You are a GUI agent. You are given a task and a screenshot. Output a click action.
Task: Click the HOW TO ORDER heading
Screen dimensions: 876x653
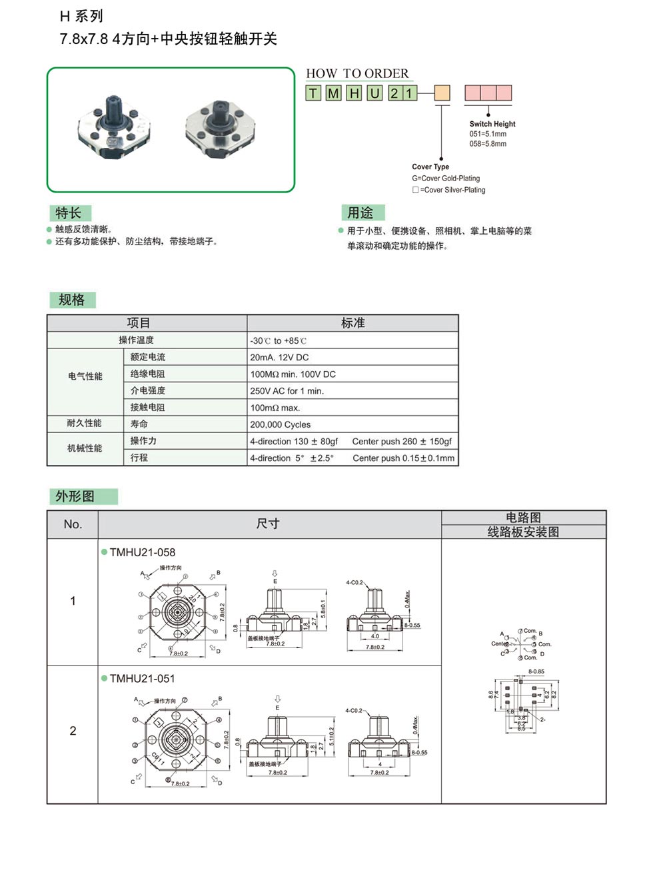[x=357, y=74]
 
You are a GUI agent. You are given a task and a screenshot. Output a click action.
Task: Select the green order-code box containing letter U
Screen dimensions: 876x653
[x=375, y=93]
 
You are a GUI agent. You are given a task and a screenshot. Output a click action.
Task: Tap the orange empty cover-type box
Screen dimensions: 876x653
[x=442, y=93]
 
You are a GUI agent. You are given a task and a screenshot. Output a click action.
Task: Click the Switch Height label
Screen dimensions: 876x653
[x=492, y=124]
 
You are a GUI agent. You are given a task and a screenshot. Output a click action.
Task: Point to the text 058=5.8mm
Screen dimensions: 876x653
[x=487, y=144]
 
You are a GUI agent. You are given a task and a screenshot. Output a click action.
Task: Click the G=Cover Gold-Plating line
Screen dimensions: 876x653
[x=445, y=179]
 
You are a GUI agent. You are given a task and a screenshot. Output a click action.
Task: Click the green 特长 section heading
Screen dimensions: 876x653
[x=69, y=213]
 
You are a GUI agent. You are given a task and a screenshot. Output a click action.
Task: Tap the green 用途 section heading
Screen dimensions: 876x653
[x=360, y=213]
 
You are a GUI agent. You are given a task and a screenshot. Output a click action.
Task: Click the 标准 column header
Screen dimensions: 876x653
[x=352, y=323]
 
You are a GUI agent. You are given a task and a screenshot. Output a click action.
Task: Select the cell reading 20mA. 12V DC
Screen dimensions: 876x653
[x=279, y=358]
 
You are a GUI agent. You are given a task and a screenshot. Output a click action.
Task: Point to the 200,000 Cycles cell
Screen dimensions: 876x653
[x=280, y=425]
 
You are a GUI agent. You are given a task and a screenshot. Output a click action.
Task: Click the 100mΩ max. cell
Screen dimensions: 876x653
[x=275, y=408]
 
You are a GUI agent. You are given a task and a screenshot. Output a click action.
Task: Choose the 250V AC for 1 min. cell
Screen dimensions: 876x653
[x=287, y=391]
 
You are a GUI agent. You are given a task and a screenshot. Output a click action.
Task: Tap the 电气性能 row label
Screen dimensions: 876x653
[x=85, y=376]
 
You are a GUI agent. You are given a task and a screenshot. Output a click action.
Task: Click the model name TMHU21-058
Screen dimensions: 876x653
[x=142, y=552]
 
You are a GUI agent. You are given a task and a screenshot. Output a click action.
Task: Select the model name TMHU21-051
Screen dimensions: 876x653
[x=142, y=679]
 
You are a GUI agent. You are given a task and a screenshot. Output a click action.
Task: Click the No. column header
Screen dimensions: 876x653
[x=73, y=524]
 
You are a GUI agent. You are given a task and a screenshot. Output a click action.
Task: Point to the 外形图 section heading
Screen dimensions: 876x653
[x=75, y=496]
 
